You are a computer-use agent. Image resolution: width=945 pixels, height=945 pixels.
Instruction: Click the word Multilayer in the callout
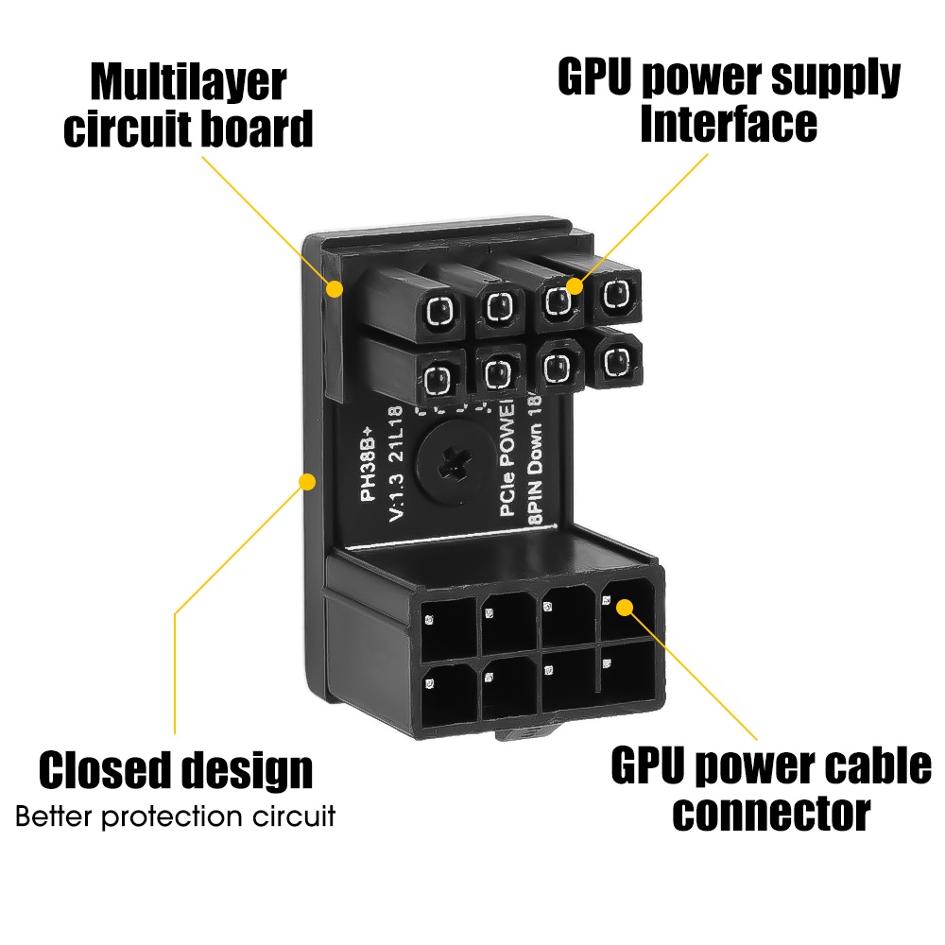click(x=188, y=83)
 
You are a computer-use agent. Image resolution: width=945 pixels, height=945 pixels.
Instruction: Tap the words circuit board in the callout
click(x=188, y=129)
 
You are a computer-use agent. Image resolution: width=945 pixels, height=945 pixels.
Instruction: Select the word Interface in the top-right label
click(x=728, y=125)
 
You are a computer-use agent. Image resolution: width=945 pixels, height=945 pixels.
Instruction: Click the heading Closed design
click(x=176, y=770)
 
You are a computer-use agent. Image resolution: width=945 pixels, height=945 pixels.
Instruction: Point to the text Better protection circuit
click(x=176, y=816)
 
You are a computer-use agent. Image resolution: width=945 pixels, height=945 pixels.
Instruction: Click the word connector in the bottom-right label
click(x=771, y=812)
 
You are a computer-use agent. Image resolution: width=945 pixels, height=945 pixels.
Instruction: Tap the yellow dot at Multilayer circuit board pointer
click(x=335, y=287)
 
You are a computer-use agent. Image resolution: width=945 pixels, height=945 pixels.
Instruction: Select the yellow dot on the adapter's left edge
click(x=306, y=482)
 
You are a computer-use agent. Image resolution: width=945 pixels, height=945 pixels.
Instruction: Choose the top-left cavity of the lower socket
click(x=449, y=627)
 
